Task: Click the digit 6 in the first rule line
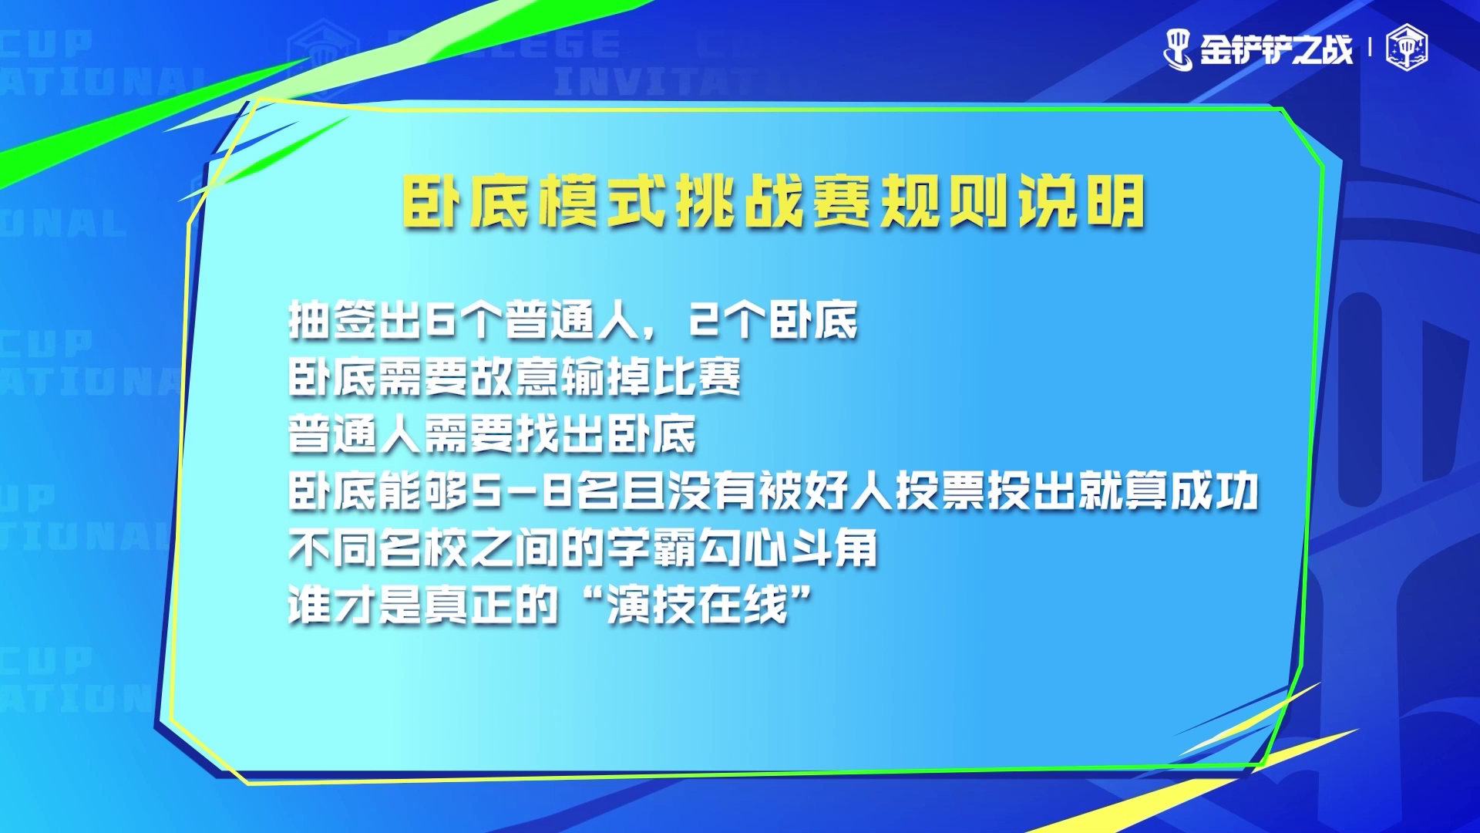(x=442, y=320)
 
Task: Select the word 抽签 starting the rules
(x=334, y=320)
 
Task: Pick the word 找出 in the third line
(x=561, y=434)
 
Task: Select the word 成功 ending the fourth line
(x=1214, y=491)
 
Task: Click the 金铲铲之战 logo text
(x=1276, y=49)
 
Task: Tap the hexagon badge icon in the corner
(x=1407, y=49)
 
